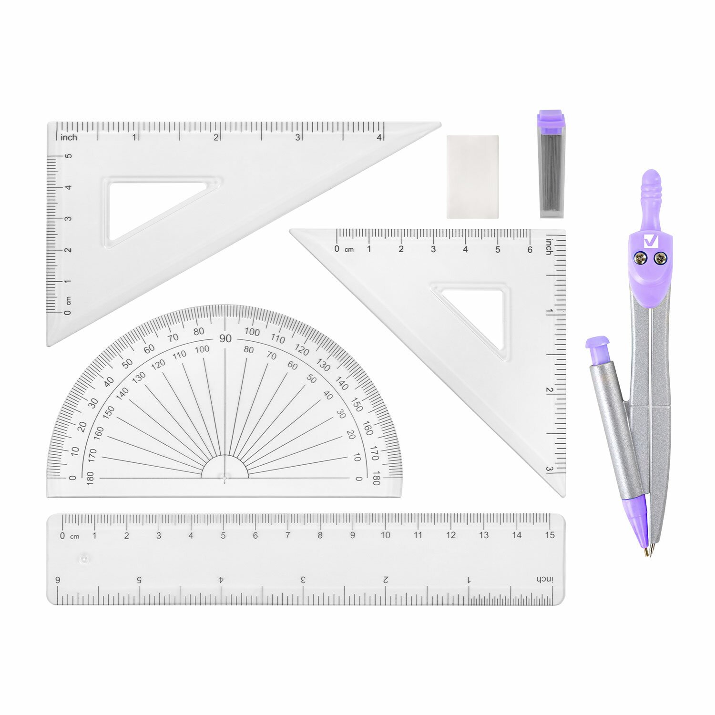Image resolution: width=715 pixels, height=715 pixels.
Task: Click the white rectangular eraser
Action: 472,177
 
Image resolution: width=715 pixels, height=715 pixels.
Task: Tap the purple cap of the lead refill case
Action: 551,122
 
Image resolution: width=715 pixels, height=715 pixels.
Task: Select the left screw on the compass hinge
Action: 639,258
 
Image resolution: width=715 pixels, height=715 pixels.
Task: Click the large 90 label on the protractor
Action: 225,338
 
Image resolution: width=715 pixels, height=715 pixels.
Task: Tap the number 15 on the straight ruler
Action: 550,535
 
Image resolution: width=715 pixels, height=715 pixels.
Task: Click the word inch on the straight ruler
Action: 544,579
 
